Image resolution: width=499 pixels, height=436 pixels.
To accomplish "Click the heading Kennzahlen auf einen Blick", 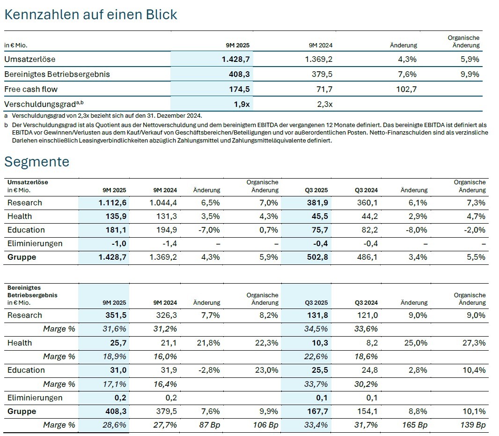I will (x=91, y=15).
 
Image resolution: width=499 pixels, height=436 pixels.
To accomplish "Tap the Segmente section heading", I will (x=37, y=162).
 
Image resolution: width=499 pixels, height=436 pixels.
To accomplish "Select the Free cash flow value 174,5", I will (x=239, y=89).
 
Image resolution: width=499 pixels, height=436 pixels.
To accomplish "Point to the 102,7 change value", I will (x=406, y=89).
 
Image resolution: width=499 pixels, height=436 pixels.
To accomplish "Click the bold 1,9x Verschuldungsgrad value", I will (x=241, y=104).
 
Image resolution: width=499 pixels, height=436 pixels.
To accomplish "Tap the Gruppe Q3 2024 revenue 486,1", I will (x=367, y=257).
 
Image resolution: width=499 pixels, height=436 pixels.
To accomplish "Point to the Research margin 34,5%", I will (x=317, y=329).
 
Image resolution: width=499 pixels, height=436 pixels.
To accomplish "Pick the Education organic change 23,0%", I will (x=268, y=370).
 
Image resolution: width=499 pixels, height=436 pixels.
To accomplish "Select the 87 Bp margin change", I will (x=209, y=425).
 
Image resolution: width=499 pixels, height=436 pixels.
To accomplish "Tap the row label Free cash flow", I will (x=31, y=89).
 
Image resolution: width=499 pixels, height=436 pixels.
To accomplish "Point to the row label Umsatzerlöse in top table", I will (x=29, y=59).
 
